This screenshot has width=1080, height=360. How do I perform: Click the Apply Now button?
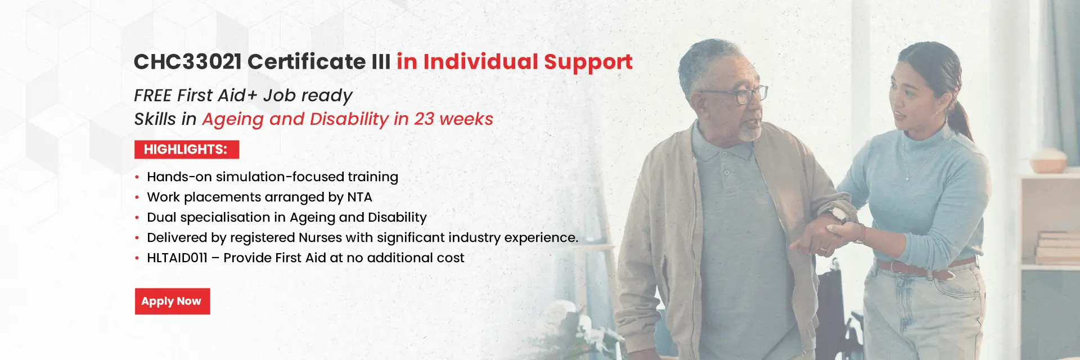coord(172,301)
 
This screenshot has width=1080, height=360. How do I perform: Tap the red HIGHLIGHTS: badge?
coord(187,149)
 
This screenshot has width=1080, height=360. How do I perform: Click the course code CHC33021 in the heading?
coord(188,61)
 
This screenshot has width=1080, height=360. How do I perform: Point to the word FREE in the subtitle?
coord(153,95)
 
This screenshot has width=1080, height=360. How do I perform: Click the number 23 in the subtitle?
coord(424,119)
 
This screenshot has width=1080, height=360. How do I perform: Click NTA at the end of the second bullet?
coord(359,197)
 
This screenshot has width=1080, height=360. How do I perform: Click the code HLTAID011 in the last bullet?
coord(177,258)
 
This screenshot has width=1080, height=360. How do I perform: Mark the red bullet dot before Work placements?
coord(137,197)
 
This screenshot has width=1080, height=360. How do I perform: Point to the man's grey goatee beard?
coord(750,132)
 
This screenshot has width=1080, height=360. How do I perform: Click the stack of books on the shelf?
coord(1057,247)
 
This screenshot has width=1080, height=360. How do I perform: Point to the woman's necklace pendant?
coord(907,177)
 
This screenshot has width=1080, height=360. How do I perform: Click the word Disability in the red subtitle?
coord(349,119)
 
